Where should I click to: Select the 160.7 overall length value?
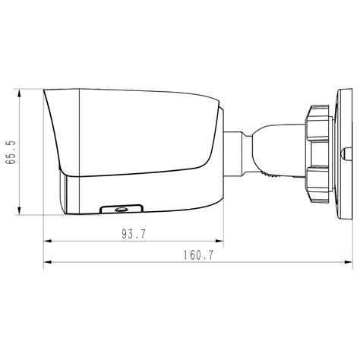197,255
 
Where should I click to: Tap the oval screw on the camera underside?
120,207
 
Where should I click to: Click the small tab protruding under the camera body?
120,207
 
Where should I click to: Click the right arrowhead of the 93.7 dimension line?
221,242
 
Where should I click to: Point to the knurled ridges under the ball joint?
270,175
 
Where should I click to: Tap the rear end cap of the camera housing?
221,152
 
